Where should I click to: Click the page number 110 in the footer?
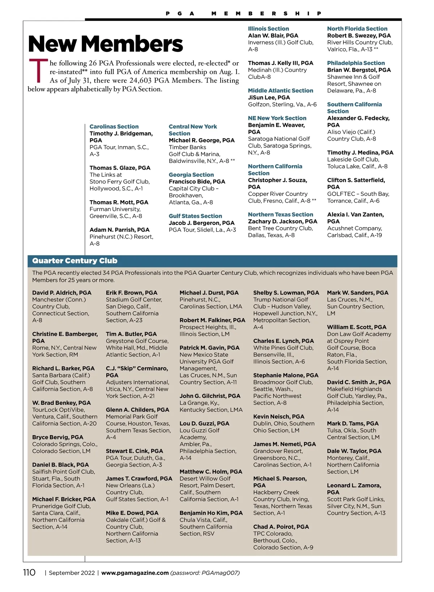pos(29,572)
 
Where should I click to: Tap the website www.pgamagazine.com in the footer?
pos(135,573)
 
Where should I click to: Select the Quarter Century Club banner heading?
pos(75,261)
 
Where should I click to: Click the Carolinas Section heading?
pos(114,126)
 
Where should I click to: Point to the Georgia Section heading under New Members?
pos(191,175)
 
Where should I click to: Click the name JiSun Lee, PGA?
pos(269,98)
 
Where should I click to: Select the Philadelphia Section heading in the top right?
pos(356,63)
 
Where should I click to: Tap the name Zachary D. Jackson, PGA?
pos(282,221)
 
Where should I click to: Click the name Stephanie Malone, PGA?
pos(286,375)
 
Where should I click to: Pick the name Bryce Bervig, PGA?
pos(58,437)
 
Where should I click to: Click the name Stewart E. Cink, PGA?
pos(134,451)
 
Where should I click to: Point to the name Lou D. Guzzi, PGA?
pos(204,424)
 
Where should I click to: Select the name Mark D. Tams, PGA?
pos(353,424)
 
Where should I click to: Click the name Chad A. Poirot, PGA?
pos(281,527)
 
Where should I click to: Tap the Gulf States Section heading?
pos(195,216)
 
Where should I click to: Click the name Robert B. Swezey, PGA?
pos(359,35)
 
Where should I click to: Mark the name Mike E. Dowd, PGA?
pos(132,513)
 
